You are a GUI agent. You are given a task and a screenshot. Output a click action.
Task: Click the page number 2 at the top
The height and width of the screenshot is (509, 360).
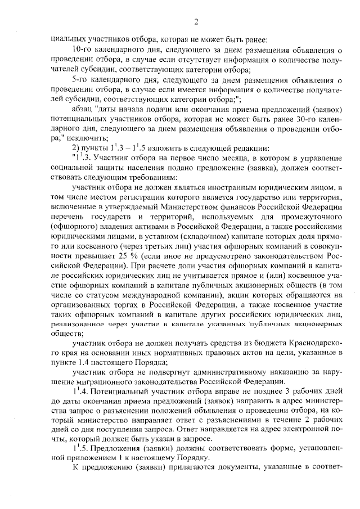[x=196, y=22]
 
